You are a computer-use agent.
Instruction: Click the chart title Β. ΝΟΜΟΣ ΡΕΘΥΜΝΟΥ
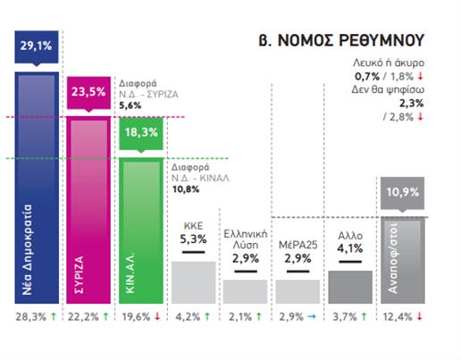(x=340, y=42)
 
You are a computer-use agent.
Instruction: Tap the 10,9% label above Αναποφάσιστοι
(x=401, y=192)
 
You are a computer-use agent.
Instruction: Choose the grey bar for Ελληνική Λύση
(x=245, y=292)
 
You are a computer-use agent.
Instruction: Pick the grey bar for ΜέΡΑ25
(x=298, y=292)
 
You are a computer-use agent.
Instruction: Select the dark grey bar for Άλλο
(x=349, y=287)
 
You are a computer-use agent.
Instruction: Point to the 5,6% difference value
(x=130, y=105)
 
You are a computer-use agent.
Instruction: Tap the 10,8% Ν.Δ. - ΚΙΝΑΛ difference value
(x=182, y=189)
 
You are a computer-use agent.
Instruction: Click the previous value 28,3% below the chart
(x=29, y=319)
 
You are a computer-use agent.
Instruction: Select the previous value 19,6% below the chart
(x=133, y=319)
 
